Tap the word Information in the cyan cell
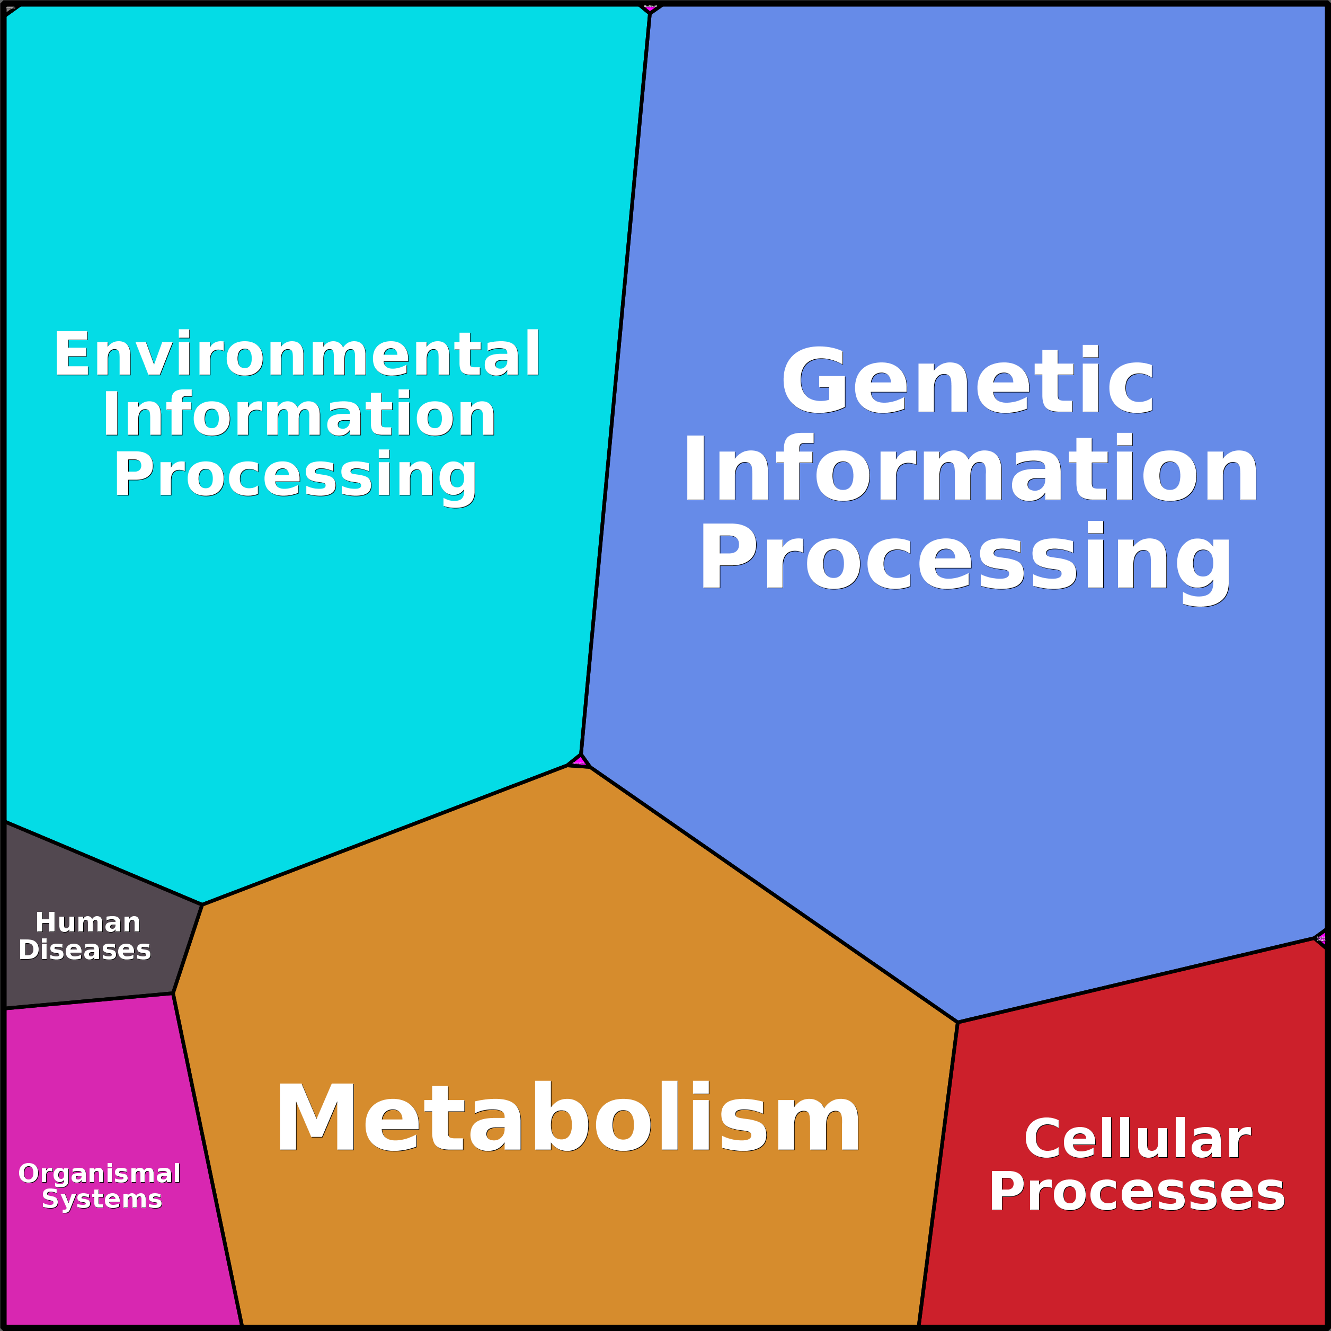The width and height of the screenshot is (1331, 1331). tap(299, 415)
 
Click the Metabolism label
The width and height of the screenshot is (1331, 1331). tap(567, 1117)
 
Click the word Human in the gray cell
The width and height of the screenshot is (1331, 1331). tap(88, 922)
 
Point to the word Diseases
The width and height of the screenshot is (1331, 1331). tap(85, 950)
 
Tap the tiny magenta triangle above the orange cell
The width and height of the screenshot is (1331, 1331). tap(579, 760)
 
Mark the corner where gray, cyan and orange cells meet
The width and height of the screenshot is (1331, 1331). tap(202, 904)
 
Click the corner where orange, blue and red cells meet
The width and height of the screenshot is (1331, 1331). tap(957, 1023)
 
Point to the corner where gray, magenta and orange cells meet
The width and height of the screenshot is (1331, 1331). tap(173, 993)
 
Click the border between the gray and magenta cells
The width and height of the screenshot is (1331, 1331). tap(90, 1001)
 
